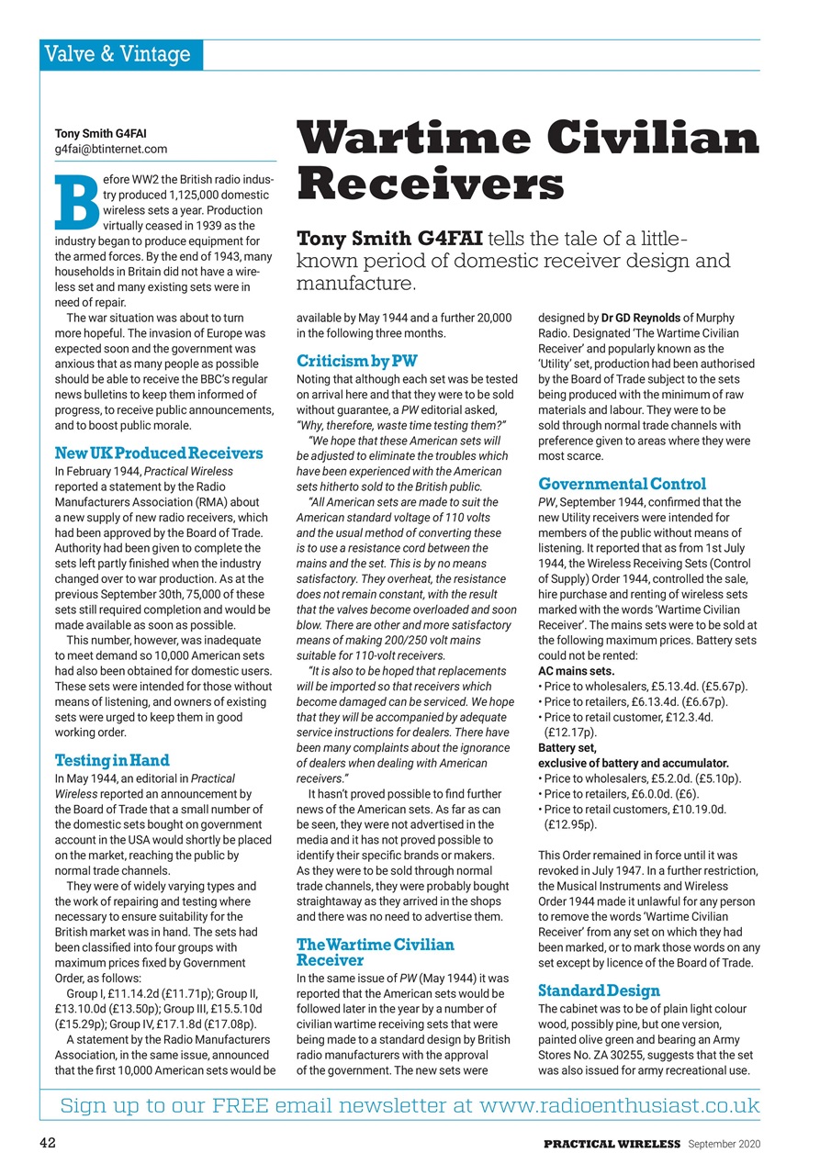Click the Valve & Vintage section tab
(x=120, y=55)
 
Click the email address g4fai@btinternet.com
(x=111, y=149)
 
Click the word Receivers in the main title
(x=430, y=183)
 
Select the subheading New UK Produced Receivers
(x=159, y=453)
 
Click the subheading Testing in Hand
(x=112, y=760)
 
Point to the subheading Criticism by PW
(x=356, y=361)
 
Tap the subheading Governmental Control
(x=622, y=484)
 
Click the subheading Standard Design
(x=599, y=990)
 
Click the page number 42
(x=50, y=1144)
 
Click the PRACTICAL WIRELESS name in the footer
(x=611, y=1144)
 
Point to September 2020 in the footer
(x=724, y=1144)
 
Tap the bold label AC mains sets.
(x=576, y=671)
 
